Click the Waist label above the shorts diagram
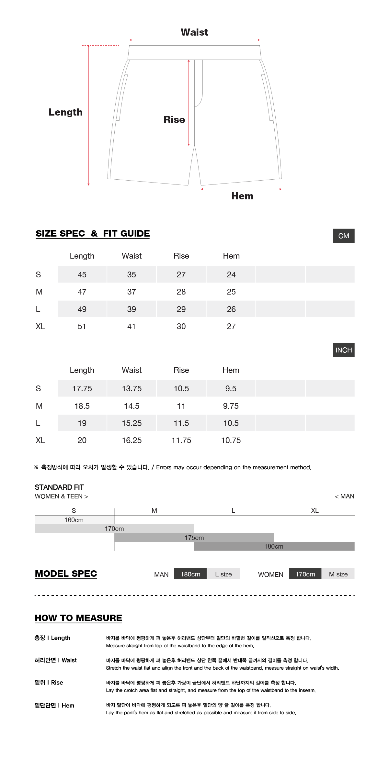pyautogui.click(x=194, y=32)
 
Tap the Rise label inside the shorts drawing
pyautogui.click(x=174, y=120)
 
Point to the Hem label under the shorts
pyautogui.click(x=242, y=196)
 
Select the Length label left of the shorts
pyautogui.click(x=65, y=112)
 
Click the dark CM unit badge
pyautogui.click(x=344, y=236)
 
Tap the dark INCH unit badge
pyautogui.click(x=344, y=350)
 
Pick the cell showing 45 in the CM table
pyautogui.click(x=82, y=275)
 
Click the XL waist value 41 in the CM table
pyautogui.click(x=132, y=327)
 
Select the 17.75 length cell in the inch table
pyautogui.click(x=82, y=389)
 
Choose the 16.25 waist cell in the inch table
pyautogui.click(x=132, y=440)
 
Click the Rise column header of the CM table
pyautogui.click(x=181, y=256)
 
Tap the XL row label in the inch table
pyautogui.click(x=40, y=440)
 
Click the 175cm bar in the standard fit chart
pyautogui.click(x=194, y=538)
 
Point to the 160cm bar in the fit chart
pyautogui.click(x=74, y=520)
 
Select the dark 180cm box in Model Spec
pyautogui.click(x=190, y=574)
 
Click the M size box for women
pyautogui.click(x=338, y=574)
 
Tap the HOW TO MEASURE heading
pyautogui.click(x=78, y=618)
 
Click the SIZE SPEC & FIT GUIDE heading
pyautogui.click(x=93, y=234)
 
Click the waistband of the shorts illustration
pyautogui.click(x=194, y=52)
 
